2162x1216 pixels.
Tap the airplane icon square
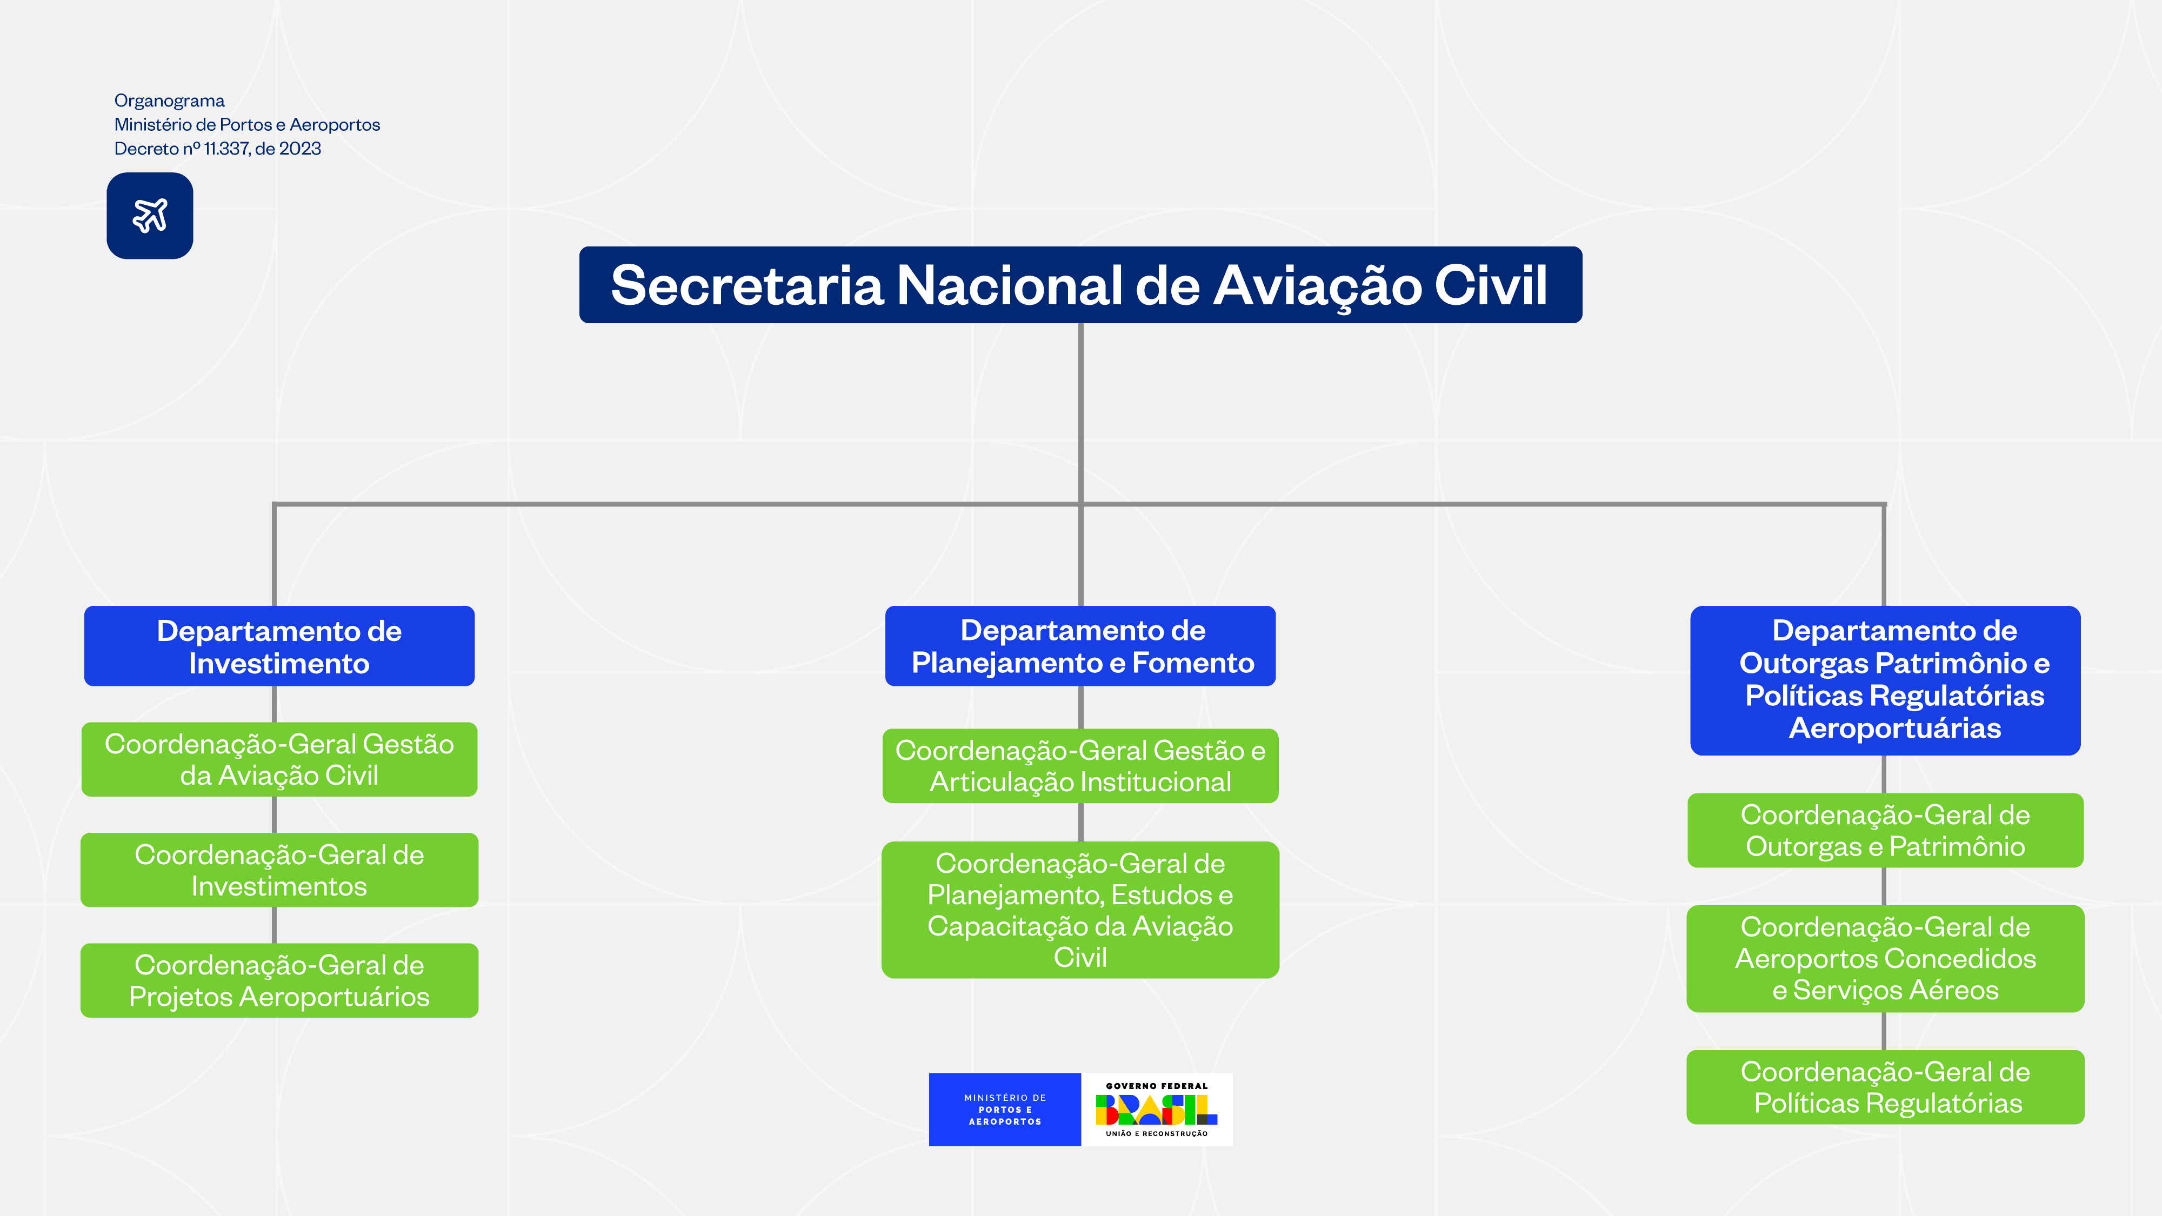click(x=149, y=216)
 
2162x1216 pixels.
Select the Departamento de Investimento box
click(x=279, y=646)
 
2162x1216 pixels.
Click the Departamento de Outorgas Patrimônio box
click(x=1885, y=680)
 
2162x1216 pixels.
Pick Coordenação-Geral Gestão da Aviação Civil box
click(x=279, y=759)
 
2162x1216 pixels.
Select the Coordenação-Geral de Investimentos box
click(x=279, y=870)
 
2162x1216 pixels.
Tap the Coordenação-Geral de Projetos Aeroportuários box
click(x=279, y=980)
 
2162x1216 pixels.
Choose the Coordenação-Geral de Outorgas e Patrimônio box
click(x=1885, y=830)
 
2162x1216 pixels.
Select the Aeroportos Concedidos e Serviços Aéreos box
click(x=1885, y=958)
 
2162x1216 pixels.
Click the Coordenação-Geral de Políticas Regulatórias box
click(x=1885, y=1087)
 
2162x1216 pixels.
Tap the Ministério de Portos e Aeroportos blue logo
click(x=1005, y=1110)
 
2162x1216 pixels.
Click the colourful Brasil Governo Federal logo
click(x=1157, y=1110)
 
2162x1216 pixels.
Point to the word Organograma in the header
click(x=170, y=101)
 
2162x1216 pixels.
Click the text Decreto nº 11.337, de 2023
click(x=217, y=149)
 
